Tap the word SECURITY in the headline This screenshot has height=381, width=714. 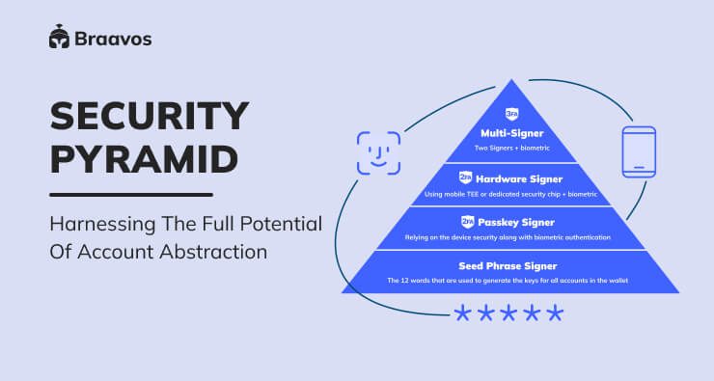149,118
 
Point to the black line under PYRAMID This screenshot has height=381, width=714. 130,194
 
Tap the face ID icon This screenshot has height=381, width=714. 378,152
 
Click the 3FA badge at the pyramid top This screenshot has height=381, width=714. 512,113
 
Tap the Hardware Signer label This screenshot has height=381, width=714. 520,178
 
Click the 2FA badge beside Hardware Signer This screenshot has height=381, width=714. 464,178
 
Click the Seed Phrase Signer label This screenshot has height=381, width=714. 512,265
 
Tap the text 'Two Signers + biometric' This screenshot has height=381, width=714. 512,149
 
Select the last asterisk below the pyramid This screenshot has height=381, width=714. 554,313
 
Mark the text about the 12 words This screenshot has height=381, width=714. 512,281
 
